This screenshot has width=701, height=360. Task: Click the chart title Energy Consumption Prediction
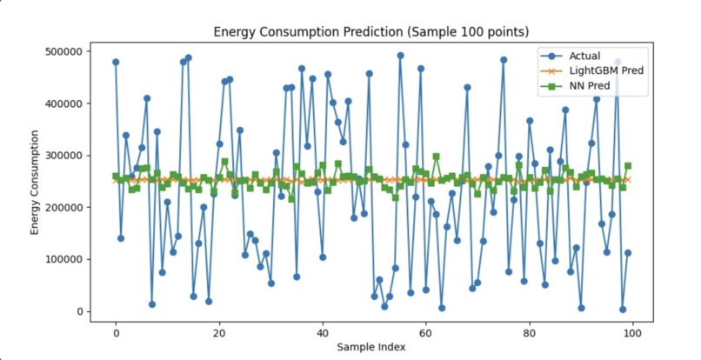pyautogui.click(x=372, y=33)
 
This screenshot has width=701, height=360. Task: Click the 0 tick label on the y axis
pyautogui.click(x=80, y=312)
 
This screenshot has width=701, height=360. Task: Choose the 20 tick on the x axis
pyautogui.click(x=219, y=333)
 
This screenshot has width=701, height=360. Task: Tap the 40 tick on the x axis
pyautogui.click(x=323, y=333)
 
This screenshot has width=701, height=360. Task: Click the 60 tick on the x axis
pyautogui.click(x=426, y=333)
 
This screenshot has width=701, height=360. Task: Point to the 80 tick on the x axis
pyautogui.click(x=530, y=333)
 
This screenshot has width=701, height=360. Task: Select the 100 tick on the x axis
pyautogui.click(x=633, y=333)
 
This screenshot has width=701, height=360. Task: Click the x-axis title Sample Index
pyautogui.click(x=374, y=348)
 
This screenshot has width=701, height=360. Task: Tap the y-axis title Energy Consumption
pyautogui.click(x=36, y=182)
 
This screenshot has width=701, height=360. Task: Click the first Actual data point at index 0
pyautogui.click(x=116, y=62)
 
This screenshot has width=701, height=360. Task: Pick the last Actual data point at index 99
pyautogui.click(x=627, y=253)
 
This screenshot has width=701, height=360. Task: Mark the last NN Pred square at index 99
pyautogui.click(x=627, y=165)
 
